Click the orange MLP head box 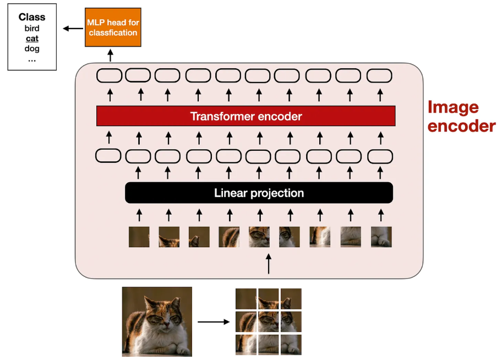113,28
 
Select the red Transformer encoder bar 245,116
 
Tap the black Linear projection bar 259,193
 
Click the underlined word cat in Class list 32,39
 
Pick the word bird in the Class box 32,28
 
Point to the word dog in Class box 32,48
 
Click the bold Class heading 32,17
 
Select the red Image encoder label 461,116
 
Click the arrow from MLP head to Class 70,28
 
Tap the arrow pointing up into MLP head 110,55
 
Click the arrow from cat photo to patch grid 213,321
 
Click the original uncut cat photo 157,321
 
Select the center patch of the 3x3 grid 269,321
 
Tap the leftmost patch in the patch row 139,237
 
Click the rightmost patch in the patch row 381,237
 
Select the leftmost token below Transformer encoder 108,155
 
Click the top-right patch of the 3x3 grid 291,299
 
